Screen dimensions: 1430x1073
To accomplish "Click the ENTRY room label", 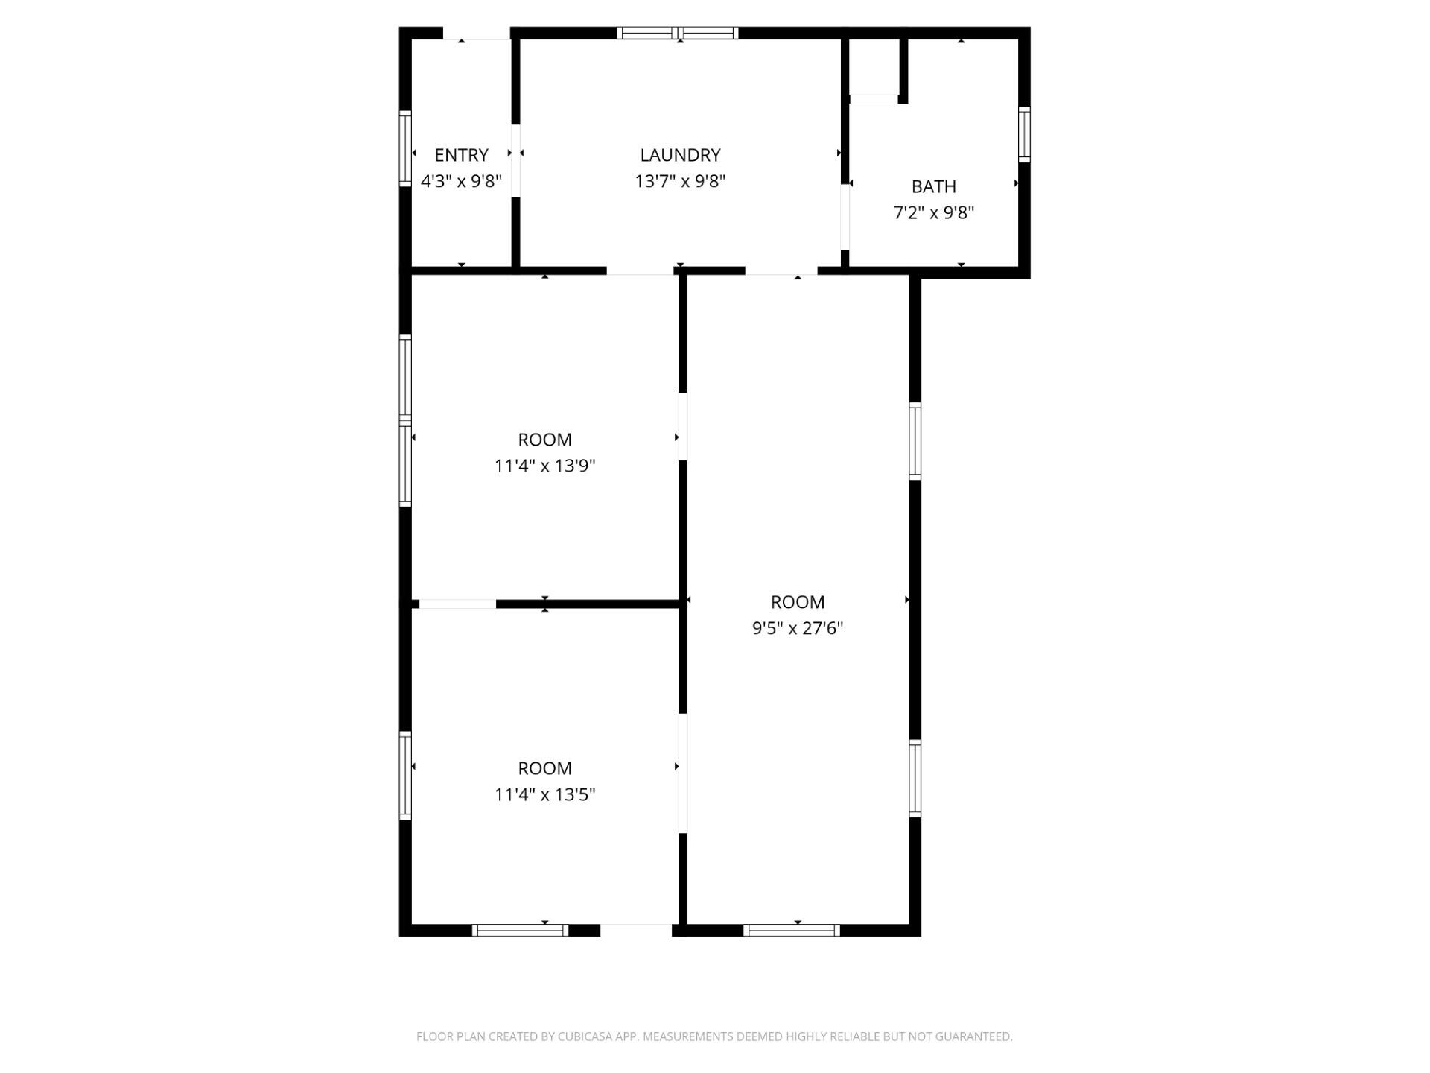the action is pos(461,155).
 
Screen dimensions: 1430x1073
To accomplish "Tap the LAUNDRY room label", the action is pos(680,155).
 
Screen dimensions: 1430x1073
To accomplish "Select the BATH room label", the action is pos(933,186).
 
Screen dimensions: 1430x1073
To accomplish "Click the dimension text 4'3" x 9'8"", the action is pos(461,181).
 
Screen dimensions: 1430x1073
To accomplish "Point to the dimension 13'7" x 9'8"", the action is pos(680,181).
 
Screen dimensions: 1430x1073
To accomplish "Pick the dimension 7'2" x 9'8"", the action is pos(933,212).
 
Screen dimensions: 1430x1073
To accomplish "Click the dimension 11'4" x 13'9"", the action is pos(544,466).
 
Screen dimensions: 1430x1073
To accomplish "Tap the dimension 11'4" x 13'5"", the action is pos(544,794).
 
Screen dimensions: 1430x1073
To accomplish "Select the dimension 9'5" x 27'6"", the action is pos(797,628).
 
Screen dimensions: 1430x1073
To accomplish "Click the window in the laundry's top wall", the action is pos(678,33).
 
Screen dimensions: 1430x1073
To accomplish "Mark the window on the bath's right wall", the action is pos(1024,134).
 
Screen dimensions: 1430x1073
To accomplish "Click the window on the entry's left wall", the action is pos(405,148).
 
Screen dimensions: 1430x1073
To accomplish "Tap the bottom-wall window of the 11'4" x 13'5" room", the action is pos(521,930).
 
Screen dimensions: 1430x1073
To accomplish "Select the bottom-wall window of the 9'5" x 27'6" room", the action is pos(792,930).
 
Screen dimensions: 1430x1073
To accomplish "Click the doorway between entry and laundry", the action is pos(515,160).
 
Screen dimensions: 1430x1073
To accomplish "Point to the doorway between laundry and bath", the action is pos(845,217).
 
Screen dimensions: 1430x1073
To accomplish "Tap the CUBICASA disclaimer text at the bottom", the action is pos(714,1036).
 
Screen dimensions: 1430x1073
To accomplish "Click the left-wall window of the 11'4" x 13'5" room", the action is pos(405,775).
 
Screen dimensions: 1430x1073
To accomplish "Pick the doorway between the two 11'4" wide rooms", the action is pos(457,604).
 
